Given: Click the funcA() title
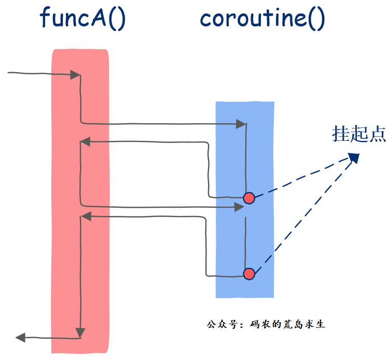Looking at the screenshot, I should point(83,19).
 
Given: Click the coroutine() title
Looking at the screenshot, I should point(262,19).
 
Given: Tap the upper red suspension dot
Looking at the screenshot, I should point(249,198).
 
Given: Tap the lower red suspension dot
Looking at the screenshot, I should point(249,273).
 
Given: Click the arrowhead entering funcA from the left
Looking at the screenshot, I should point(76,76).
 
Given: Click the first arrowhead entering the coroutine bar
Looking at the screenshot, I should point(241,124).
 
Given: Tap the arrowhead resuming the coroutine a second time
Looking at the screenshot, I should point(239,207).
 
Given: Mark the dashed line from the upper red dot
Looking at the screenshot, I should point(301,178).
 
